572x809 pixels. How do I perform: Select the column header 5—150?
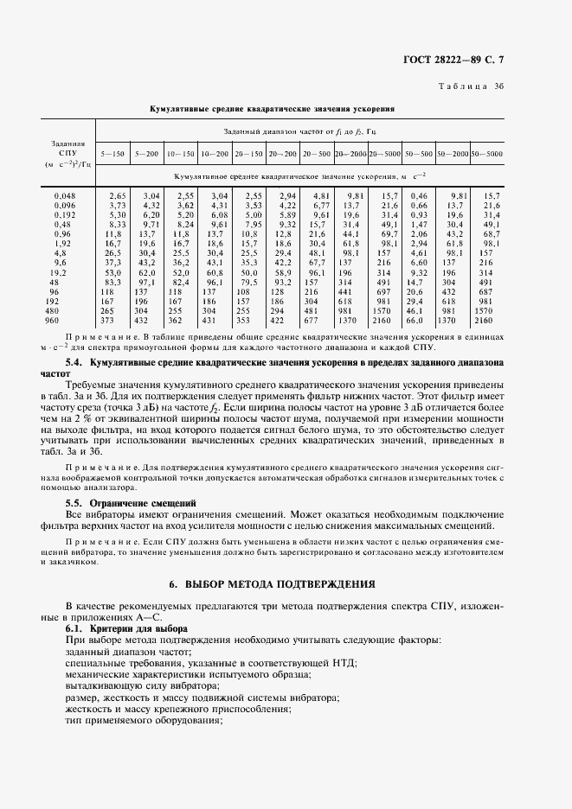[x=112, y=153]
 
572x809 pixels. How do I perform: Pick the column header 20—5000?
[x=384, y=153]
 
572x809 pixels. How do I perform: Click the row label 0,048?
[x=66, y=196]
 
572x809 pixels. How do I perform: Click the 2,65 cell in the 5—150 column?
[x=117, y=196]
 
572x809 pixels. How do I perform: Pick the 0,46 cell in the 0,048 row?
[x=418, y=196]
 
